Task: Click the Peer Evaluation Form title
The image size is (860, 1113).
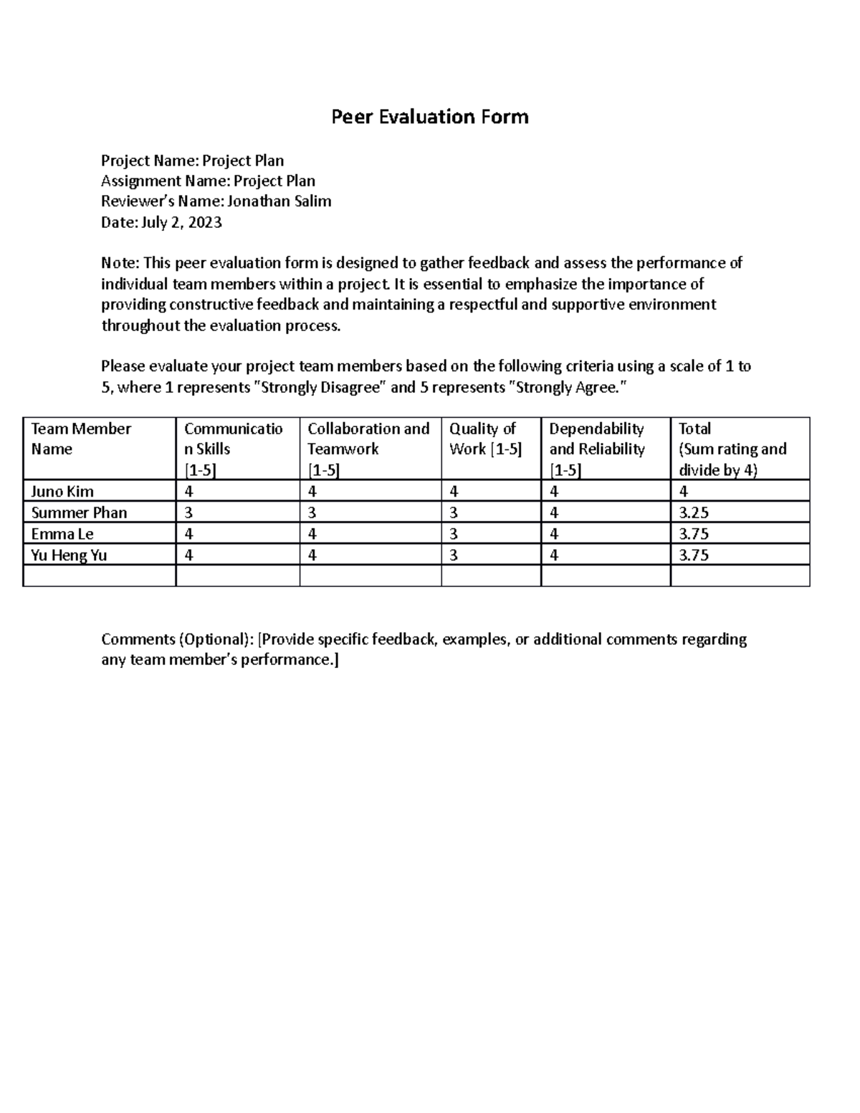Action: coord(429,117)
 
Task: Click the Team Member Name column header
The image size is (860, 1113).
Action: coord(81,439)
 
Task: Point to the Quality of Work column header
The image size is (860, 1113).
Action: coord(485,439)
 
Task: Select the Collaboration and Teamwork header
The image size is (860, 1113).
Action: coord(368,439)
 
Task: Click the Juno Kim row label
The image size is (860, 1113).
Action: coord(62,492)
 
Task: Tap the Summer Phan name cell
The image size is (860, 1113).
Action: coord(79,513)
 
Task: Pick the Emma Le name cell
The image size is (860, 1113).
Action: coord(62,534)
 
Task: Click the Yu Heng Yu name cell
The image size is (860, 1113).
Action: coord(69,555)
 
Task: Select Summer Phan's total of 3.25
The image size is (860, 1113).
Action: coord(694,513)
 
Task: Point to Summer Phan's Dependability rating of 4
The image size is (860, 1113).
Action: coord(554,513)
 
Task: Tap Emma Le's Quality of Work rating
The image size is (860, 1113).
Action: coord(454,534)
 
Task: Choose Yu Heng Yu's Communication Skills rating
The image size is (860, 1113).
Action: coord(188,555)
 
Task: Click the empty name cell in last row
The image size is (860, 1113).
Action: coord(99,575)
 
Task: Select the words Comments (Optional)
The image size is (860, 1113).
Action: coord(177,639)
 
